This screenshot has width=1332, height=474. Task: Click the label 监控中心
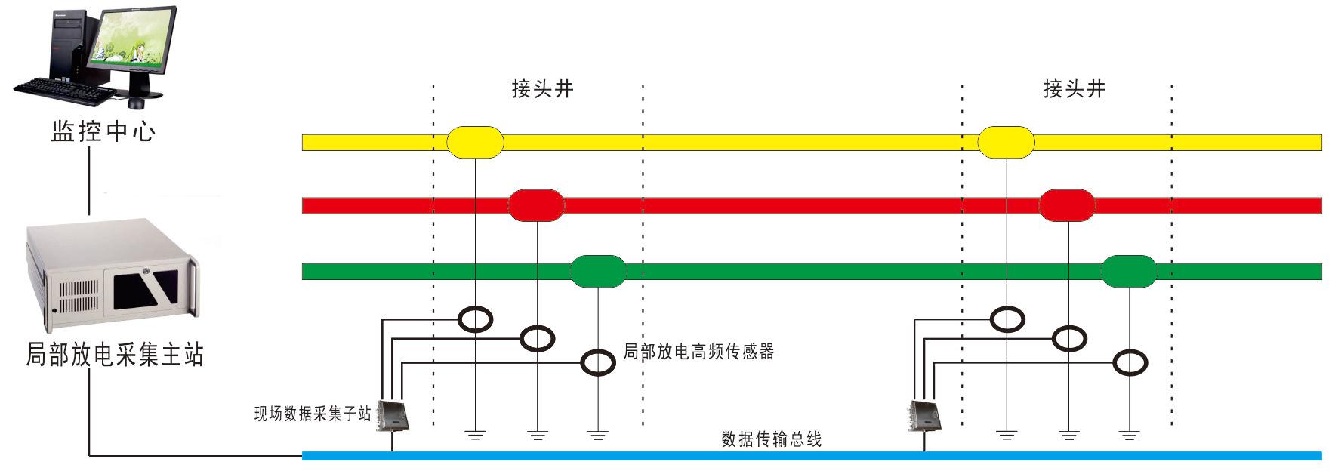103,131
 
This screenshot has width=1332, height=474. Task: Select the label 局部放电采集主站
115,354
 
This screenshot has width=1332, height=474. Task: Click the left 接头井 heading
542,89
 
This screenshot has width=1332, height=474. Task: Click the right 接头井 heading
1074,89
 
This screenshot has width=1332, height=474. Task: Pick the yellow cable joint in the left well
475,142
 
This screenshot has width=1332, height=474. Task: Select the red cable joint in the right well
1066,205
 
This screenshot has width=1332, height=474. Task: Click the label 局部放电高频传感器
698,352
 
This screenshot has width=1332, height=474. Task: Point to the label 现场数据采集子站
312,414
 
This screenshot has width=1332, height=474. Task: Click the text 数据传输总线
771,439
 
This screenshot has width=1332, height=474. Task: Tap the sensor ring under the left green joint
598,363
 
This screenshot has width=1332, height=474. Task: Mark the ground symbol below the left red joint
537,436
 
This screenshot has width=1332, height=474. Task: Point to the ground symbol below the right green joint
1129,436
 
